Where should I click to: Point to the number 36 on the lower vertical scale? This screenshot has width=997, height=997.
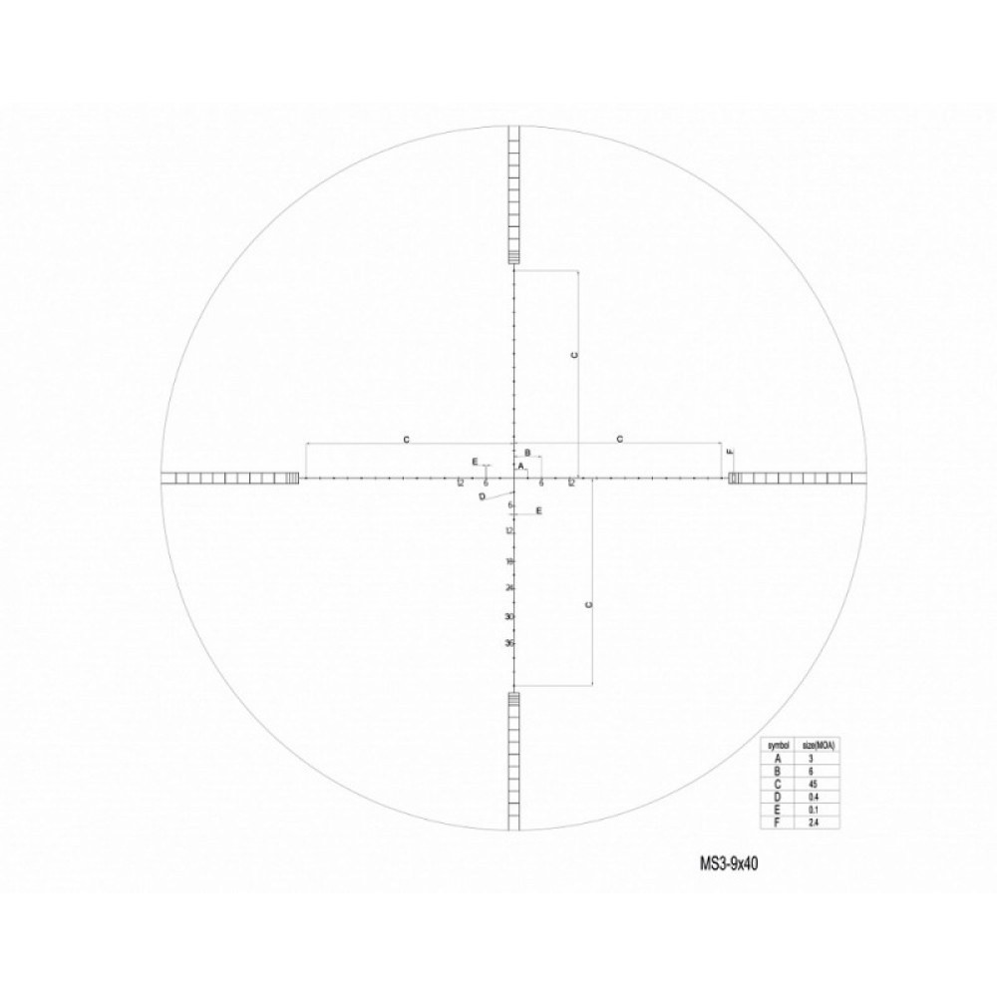click(x=508, y=643)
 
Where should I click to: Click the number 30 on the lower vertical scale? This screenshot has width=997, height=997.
click(x=508, y=616)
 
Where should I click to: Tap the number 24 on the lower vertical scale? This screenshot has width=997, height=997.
click(x=508, y=588)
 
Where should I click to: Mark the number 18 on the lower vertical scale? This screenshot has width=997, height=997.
click(x=508, y=561)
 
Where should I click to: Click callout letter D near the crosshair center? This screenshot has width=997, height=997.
click(x=482, y=497)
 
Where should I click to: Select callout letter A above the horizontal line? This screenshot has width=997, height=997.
click(x=520, y=466)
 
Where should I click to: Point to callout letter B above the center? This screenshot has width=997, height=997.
click(x=527, y=452)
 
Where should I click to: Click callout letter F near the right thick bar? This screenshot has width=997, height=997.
click(x=731, y=453)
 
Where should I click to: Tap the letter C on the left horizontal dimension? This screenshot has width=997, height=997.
click(x=406, y=439)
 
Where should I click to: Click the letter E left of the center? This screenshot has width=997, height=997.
click(x=475, y=461)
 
